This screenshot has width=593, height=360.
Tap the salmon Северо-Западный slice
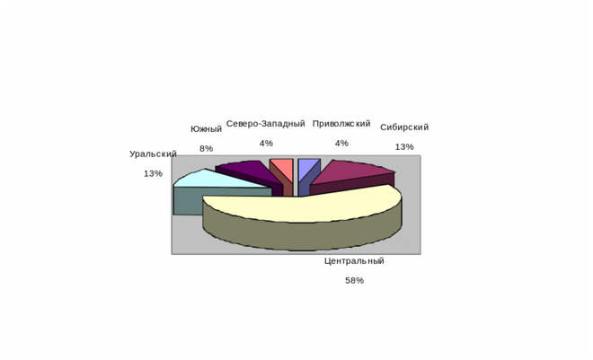[x=281, y=166]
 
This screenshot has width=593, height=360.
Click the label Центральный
[x=354, y=261]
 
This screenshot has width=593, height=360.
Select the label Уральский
[x=153, y=154]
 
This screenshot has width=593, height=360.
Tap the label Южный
[x=206, y=129]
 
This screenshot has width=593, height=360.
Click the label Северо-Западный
[x=266, y=124]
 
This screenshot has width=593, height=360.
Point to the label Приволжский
[x=341, y=124]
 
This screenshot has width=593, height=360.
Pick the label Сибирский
[x=404, y=127]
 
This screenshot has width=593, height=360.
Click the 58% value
[x=354, y=281]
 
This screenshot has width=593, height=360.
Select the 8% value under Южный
[x=206, y=149]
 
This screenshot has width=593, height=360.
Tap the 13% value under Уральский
[x=153, y=174]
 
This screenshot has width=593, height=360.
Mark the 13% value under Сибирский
[x=404, y=147]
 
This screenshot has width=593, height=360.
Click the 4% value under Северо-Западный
[x=266, y=144]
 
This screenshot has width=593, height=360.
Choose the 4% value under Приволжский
[x=341, y=144]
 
